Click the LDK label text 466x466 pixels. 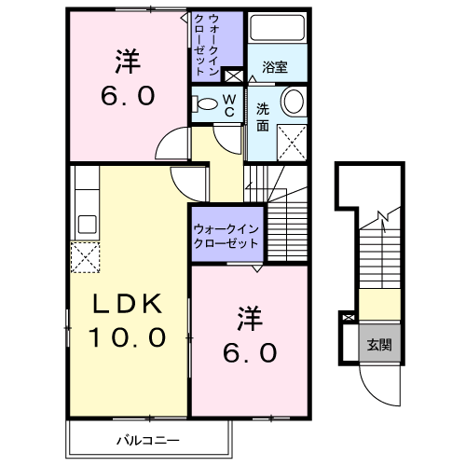[128, 303]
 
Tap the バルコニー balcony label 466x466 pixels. [148, 440]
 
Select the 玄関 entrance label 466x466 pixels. [379, 345]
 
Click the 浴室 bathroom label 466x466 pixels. [275, 67]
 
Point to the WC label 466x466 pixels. [229, 105]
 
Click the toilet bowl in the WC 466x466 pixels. [205, 104]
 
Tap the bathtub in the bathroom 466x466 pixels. [278, 27]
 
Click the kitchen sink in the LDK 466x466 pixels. [87, 225]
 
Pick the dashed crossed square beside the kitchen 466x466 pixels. [85, 257]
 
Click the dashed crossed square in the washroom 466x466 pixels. [292, 143]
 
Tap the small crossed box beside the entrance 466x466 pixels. [349, 318]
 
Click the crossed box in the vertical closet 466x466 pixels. [232, 76]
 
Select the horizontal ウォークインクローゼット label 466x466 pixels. [226, 236]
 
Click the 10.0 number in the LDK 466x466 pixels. [128, 337]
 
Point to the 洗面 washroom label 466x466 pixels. [263, 117]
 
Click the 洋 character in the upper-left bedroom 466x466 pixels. [128, 62]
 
